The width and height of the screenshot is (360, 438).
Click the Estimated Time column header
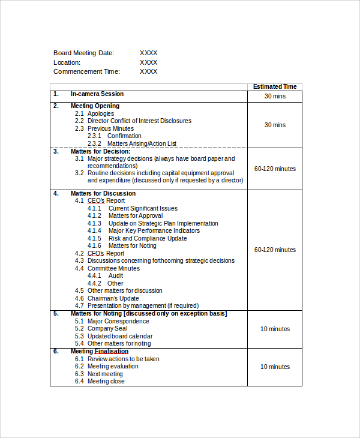pos(275,87)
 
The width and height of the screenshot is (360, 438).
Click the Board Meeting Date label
pos(83,53)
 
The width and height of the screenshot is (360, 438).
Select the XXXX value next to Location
pos(148,62)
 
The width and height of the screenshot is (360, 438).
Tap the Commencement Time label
pos(86,71)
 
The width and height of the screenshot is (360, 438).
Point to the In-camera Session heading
pos(97,94)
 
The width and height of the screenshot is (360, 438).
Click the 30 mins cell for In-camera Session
pos(275,97)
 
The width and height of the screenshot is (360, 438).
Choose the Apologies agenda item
pos(100,113)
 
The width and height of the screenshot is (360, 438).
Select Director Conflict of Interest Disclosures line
pos(139,121)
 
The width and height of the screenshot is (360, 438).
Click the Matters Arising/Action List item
pos(142,143)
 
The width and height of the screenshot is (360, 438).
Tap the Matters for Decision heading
pos(100,151)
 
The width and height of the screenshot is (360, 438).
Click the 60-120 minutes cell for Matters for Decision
pos(275,169)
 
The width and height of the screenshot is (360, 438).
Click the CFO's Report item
pos(106,253)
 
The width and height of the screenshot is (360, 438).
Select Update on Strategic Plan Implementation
pos(163,223)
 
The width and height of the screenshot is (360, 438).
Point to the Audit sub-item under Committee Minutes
pos(116,276)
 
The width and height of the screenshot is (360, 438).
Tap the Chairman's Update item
pos(113,298)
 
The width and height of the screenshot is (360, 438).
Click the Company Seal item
pos(107,329)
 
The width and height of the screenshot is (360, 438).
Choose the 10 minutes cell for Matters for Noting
pos(275,329)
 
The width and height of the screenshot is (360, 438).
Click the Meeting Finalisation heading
pos(99,351)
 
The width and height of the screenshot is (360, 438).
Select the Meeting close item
pos(106,381)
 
